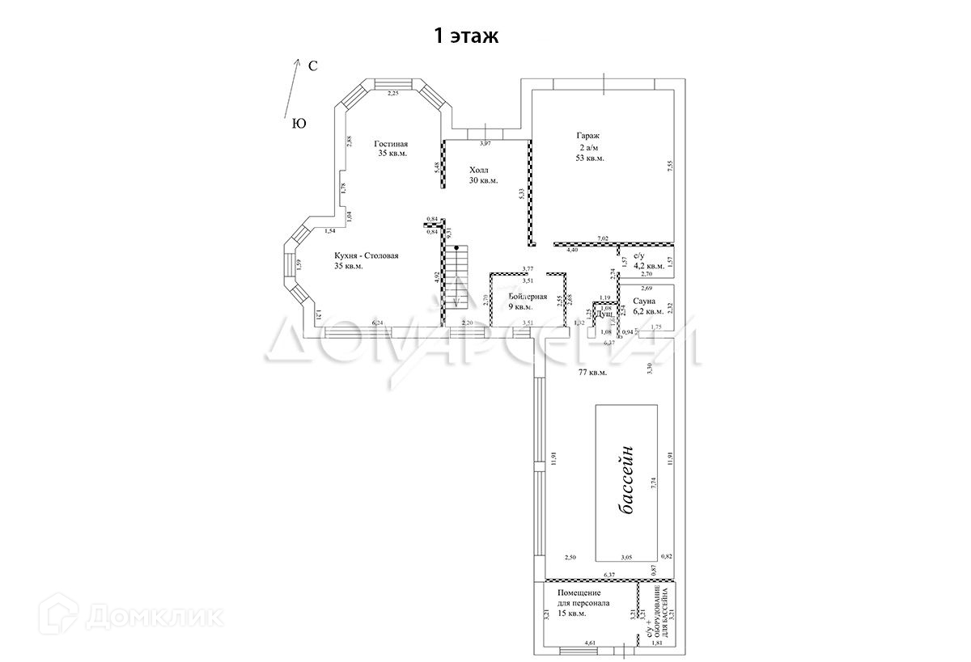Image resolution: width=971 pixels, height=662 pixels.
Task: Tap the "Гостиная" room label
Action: coord(391,144)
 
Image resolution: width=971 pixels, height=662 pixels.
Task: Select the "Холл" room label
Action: coord(479,171)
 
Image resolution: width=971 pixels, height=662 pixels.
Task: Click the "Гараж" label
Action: coord(588,136)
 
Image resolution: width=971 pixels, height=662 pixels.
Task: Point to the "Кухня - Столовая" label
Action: coord(367,255)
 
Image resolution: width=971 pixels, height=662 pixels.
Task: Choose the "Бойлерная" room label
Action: coord(528,297)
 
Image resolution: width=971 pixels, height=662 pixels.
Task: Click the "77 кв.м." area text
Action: coord(592,373)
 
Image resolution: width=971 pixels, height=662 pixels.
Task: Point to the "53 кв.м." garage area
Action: coord(590,158)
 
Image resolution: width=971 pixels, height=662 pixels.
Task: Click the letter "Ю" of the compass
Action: coord(298,124)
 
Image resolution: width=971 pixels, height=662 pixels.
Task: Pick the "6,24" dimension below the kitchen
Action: coord(378,323)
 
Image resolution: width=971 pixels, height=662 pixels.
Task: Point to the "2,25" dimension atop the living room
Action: coord(393,95)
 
